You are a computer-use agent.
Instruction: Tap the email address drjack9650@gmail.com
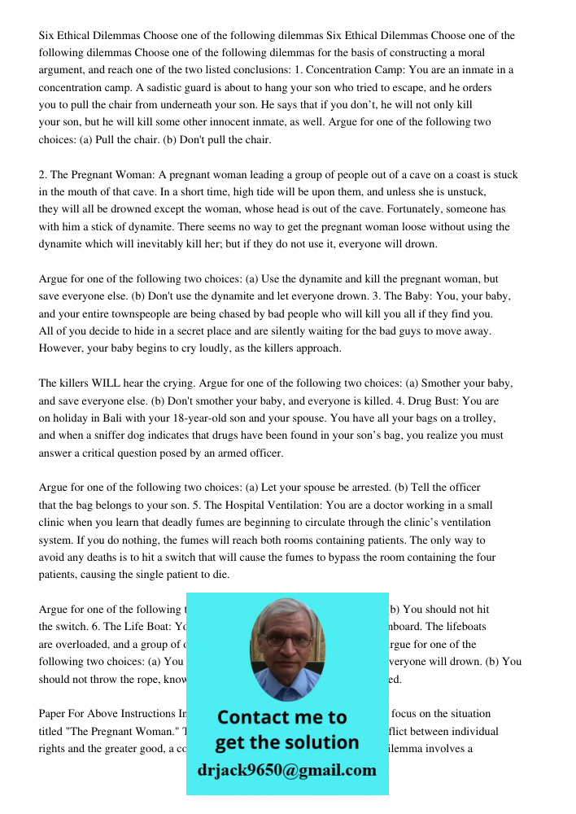click(x=287, y=769)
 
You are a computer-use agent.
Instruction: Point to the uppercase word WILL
click(x=107, y=383)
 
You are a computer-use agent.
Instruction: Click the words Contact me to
click(x=281, y=717)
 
